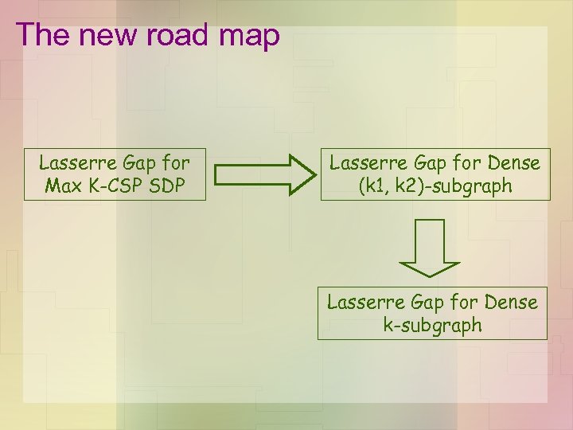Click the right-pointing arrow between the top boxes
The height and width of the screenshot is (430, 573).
pos(265,174)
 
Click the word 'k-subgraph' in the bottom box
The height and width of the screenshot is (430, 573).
pos(432,325)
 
